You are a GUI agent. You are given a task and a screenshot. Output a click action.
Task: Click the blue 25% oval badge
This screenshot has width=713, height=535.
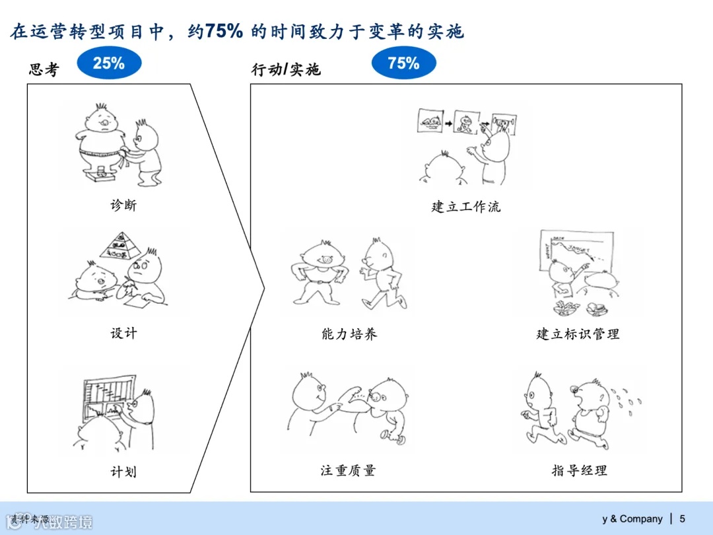(109, 63)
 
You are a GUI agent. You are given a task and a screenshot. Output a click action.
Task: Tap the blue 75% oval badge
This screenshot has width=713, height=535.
(404, 63)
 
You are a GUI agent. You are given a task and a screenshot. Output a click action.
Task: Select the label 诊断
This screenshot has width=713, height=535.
(123, 205)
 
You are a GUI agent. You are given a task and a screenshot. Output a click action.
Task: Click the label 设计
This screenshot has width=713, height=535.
(123, 333)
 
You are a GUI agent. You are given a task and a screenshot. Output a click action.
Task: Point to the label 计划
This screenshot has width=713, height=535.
(123, 472)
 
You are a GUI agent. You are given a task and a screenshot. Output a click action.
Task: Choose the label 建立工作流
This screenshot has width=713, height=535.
(465, 207)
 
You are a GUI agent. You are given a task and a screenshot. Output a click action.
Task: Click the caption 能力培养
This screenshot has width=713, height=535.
(349, 334)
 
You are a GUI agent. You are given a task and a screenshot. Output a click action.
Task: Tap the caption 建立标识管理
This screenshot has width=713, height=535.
(578, 334)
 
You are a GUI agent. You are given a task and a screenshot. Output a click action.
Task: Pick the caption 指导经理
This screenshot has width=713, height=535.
(579, 470)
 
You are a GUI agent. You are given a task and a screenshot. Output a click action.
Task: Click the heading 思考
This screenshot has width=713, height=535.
(44, 69)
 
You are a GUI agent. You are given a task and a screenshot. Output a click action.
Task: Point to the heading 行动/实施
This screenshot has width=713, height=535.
(286, 69)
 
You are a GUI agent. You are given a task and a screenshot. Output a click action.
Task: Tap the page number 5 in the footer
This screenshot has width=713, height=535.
(682, 518)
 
